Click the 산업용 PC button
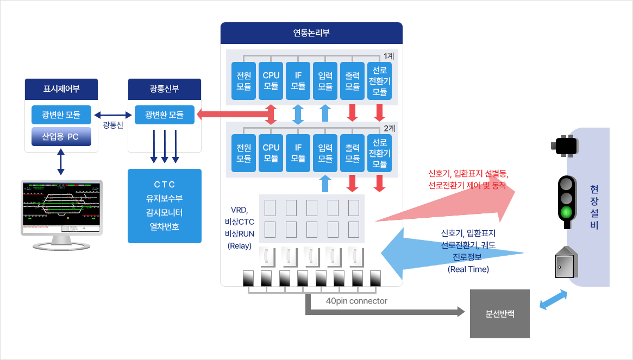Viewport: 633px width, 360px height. pyautogui.click(x=61, y=137)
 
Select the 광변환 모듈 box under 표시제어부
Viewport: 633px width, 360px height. pyautogui.click(x=61, y=115)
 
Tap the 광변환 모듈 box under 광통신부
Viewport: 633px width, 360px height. pyautogui.click(x=164, y=115)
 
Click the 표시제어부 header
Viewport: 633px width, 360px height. pyautogui.click(x=61, y=89)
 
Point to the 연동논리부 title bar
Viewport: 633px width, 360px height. pyautogui.click(x=311, y=33)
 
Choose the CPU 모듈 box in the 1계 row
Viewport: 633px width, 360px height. pyautogui.click(x=271, y=80)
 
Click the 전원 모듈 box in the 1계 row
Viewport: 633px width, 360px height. pyautogui.click(x=244, y=80)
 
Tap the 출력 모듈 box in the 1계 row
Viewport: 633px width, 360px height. pyautogui.click(x=353, y=80)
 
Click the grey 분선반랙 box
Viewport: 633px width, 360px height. pyautogui.click(x=499, y=314)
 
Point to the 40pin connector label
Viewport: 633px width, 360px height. pyautogui.click(x=356, y=301)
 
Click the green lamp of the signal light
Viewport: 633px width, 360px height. pyautogui.click(x=567, y=212)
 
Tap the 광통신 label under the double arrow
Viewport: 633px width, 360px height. pyautogui.click(x=113, y=125)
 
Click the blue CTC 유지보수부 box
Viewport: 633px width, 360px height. pyautogui.click(x=164, y=206)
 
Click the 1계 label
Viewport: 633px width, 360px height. pyautogui.click(x=390, y=56)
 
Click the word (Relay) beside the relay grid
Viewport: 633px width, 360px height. pyautogui.click(x=239, y=246)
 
